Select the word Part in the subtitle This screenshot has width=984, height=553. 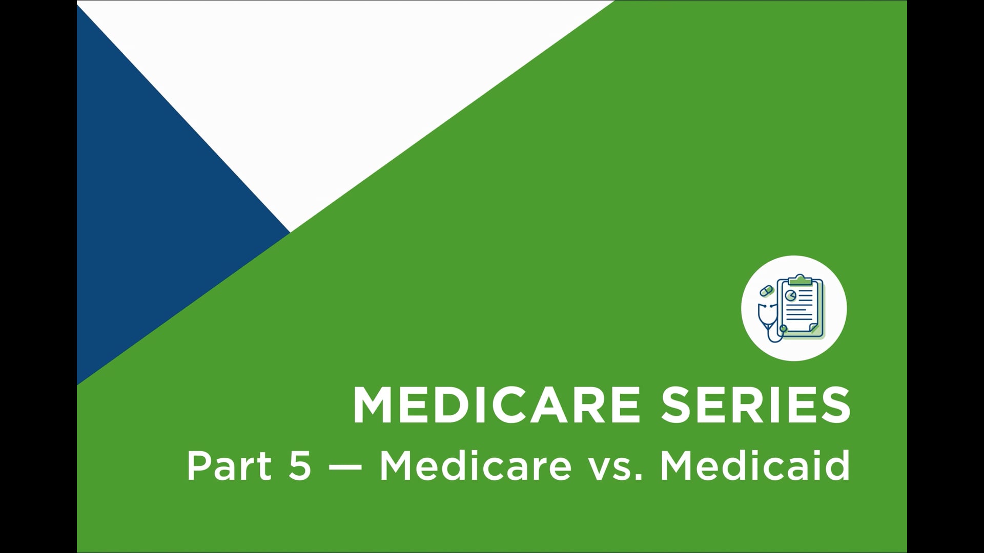pyautogui.click(x=229, y=466)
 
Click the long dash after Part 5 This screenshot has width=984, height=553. pyautogui.click(x=345, y=467)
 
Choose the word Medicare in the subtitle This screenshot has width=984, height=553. pyautogui.click(x=475, y=466)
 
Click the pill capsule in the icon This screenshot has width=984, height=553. pyautogui.click(x=766, y=291)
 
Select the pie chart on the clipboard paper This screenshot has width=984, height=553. pyautogui.click(x=791, y=295)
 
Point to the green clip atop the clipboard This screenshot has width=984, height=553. pyautogui.click(x=800, y=280)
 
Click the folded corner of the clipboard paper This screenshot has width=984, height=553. pyautogui.click(x=814, y=328)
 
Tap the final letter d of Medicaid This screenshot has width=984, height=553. pyautogui.click(x=838, y=466)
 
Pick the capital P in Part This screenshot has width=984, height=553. pyautogui.click(x=198, y=466)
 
